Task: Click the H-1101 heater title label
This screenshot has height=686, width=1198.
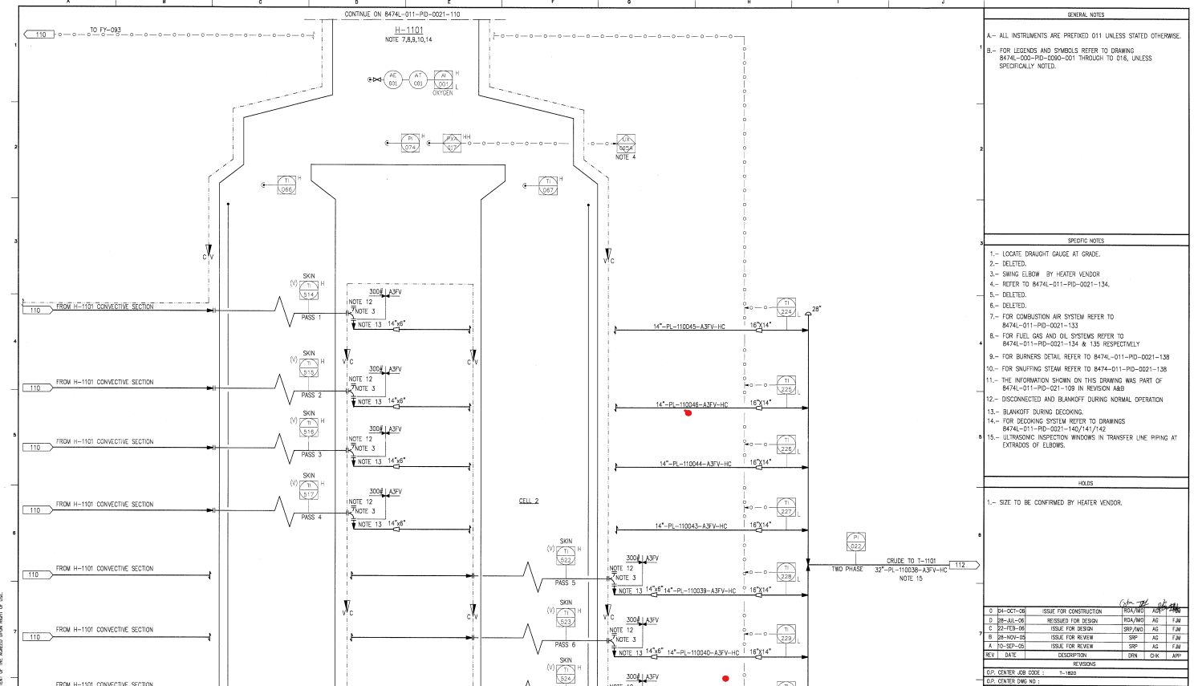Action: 408,30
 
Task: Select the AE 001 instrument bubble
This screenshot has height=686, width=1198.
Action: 392,79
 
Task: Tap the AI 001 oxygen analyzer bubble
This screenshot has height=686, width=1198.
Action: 443,79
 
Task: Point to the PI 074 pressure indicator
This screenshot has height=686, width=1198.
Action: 410,143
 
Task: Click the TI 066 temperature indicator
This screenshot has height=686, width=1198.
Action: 286,185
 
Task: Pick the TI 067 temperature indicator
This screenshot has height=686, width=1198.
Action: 548,185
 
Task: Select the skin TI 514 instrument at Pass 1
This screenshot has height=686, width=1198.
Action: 309,290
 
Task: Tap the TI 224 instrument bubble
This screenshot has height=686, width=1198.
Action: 786,307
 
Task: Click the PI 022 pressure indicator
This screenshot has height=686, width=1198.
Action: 855,542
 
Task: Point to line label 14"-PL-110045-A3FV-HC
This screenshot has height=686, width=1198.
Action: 688,327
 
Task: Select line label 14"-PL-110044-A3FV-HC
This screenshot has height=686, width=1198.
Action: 695,464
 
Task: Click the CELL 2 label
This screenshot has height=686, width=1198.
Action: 529,501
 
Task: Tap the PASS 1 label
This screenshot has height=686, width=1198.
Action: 311,318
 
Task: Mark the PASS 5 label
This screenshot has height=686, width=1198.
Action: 565,583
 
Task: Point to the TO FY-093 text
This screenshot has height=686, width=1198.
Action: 105,30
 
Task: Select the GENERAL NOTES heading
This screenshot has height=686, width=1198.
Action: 1086,14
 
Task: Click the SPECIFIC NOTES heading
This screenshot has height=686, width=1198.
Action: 1086,241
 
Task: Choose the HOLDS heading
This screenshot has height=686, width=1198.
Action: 1086,483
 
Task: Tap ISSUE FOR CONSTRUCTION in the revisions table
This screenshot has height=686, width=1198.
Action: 1072,611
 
